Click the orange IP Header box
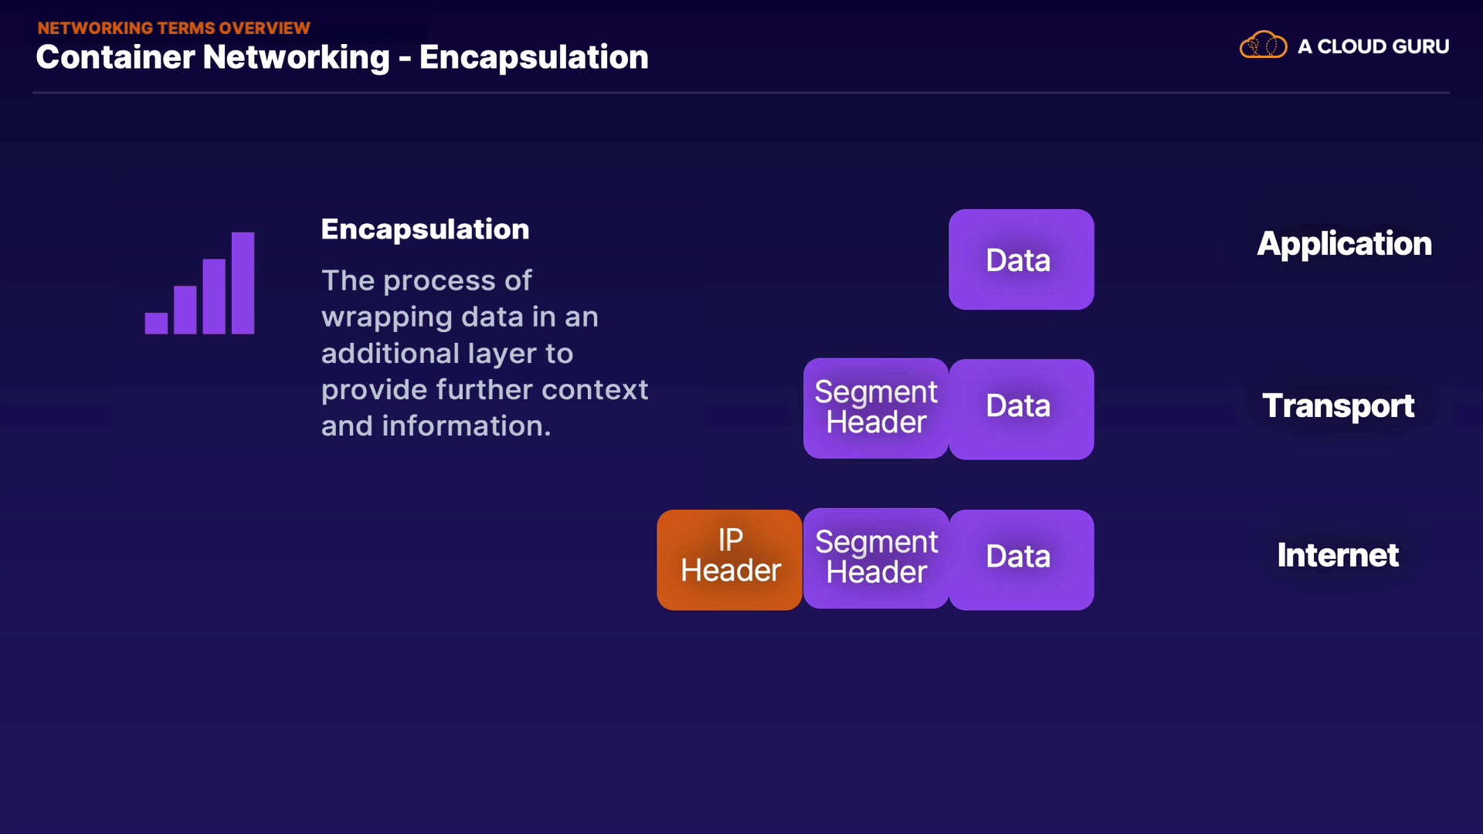[730, 559]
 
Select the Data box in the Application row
[1021, 259]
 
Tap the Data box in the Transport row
[1021, 409]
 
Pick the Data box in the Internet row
[1021, 559]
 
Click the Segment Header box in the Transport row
[876, 408]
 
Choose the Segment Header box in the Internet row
[876, 558]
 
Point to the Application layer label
[1344, 244]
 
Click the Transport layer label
[1338, 406]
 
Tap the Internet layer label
[1338, 555]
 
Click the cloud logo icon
[1263, 46]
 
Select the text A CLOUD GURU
[1373, 46]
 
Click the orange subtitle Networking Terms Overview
[174, 28]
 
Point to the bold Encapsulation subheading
[425, 229]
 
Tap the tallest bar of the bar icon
[243, 283]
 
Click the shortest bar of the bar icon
[156, 323]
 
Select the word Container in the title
[115, 57]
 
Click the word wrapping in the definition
[387, 317]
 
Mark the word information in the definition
[466, 426]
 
